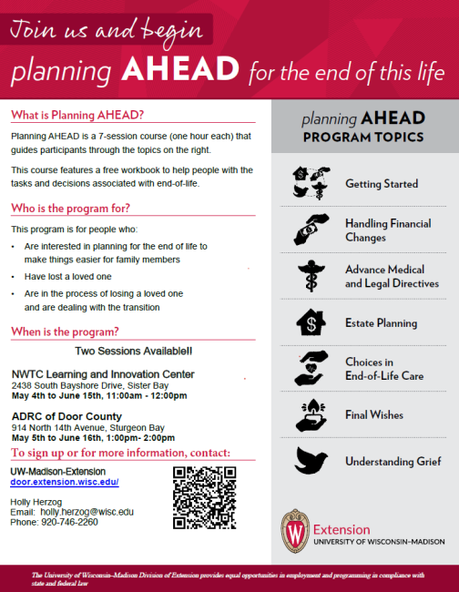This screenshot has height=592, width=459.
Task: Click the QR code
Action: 205,497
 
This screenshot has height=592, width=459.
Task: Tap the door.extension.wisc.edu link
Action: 64,482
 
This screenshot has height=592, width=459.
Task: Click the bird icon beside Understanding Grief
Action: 311,461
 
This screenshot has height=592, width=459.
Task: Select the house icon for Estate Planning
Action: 311,323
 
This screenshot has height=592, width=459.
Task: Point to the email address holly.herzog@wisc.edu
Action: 87,512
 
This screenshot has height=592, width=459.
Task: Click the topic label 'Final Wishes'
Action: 374,415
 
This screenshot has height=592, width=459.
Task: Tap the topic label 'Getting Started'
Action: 381,184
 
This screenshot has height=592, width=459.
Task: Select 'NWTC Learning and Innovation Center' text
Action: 103,373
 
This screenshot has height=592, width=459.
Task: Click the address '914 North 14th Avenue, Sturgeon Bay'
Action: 87,426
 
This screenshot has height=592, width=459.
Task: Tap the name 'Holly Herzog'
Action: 36,502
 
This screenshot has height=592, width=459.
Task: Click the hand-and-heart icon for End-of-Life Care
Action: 311,367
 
